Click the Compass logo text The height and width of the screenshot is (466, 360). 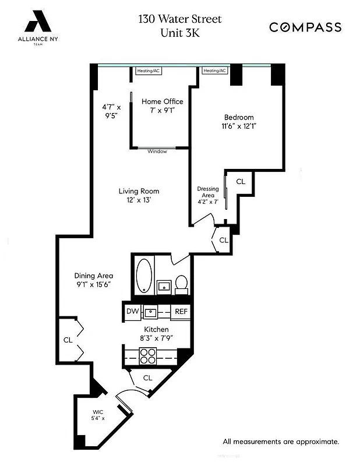(305, 27)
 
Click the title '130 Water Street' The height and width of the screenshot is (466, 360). (180, 19)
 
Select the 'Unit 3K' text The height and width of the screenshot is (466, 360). (180, 33)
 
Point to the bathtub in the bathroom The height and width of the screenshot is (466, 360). (143, 276)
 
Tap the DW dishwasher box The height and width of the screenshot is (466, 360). (132, 311)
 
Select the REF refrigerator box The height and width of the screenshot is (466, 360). (181, 311)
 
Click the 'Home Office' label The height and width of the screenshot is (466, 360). (163, 101)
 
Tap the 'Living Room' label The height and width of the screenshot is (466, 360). (139, 191)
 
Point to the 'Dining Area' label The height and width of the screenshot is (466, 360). (93, 276)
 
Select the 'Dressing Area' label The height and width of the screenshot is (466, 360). (207, 192)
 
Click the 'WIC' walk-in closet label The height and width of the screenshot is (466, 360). (97, 412)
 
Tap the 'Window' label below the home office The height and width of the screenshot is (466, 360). (157, 151)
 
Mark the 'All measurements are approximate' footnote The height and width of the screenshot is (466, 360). (281, 441)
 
